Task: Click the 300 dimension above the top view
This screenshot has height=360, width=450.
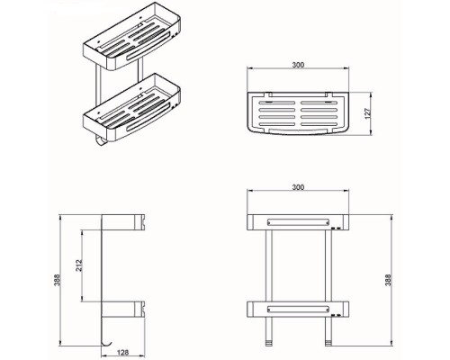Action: pyautogui.click(x=298, y=65)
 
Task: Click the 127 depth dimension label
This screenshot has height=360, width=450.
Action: pyautogui.click(x=368, y=112)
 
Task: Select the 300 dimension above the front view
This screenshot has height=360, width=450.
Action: pyautogui.click(x=298, y=187)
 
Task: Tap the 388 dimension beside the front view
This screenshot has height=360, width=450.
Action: pyautogui.click(x=388, y=280)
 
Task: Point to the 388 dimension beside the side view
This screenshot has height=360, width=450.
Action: pyautogui.click(x=57, y=280)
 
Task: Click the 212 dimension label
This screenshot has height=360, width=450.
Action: pyautogui.click(x=78, y=265)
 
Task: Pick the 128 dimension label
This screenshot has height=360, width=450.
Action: pyautogui.click(x=122, y=352)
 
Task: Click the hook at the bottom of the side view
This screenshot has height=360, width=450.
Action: pyautogui.click(x=107, y=344)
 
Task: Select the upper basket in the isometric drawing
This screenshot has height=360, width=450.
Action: pyautogui.click(x=131, y=37)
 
